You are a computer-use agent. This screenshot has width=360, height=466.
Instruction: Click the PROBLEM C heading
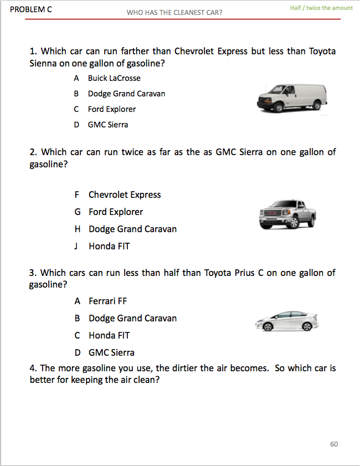click(31, 9)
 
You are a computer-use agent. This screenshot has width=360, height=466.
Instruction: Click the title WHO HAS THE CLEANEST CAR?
click(174, 12)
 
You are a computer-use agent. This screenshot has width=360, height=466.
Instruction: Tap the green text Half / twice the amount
click(321, 8)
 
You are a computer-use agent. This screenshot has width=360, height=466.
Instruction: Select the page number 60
click(334, 444)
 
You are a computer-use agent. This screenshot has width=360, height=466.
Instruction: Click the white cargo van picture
click(292, 98)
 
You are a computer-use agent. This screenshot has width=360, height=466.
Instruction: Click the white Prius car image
click(286, 321)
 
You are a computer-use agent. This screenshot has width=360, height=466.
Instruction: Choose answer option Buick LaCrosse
click(114, 78)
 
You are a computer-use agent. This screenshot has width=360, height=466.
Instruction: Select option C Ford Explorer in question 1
click(111, 109)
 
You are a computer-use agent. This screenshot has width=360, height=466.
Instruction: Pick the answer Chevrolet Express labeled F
click(125, 194)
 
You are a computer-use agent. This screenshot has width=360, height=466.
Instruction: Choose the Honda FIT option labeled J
click(109, 246)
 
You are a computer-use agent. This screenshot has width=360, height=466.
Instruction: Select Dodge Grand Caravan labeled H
click(132, 229)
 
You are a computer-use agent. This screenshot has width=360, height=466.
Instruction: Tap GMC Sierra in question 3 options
click(111, 352)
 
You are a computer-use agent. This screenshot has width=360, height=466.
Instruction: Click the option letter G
click(77, 212)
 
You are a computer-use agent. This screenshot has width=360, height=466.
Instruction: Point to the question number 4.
click(33, 368)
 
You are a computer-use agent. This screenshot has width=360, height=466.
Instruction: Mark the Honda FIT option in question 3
click(109, 335)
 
